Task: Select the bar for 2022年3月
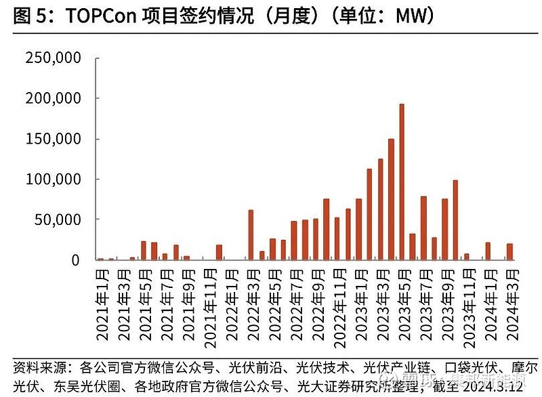(251, 235)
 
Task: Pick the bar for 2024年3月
(509, 251)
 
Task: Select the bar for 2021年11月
(219, 252)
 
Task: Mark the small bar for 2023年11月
(466, 257)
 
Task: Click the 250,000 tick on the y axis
(54, 58)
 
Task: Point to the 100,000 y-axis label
(54, 180)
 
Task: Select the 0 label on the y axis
(76, 260)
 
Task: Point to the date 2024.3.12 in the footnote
(493, 386)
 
